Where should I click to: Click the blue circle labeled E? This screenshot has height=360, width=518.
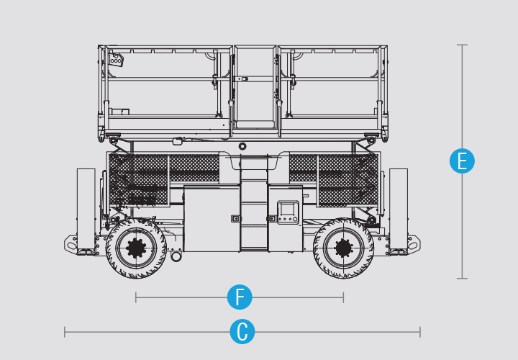point(462,161)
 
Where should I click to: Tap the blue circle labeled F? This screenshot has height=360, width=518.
point(240,297)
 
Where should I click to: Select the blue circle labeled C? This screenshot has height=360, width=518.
point(242,332)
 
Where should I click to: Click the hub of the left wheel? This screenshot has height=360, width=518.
point(136,248)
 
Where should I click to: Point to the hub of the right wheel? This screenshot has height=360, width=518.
point(343,248)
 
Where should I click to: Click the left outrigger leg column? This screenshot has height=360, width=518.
point(86,211)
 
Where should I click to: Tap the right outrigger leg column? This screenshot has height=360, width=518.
point(399,211)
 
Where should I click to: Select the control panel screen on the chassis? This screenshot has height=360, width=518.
point(286,210)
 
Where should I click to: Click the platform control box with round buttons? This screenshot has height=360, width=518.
point(117,60)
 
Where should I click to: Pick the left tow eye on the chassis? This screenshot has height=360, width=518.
point(71,246)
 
